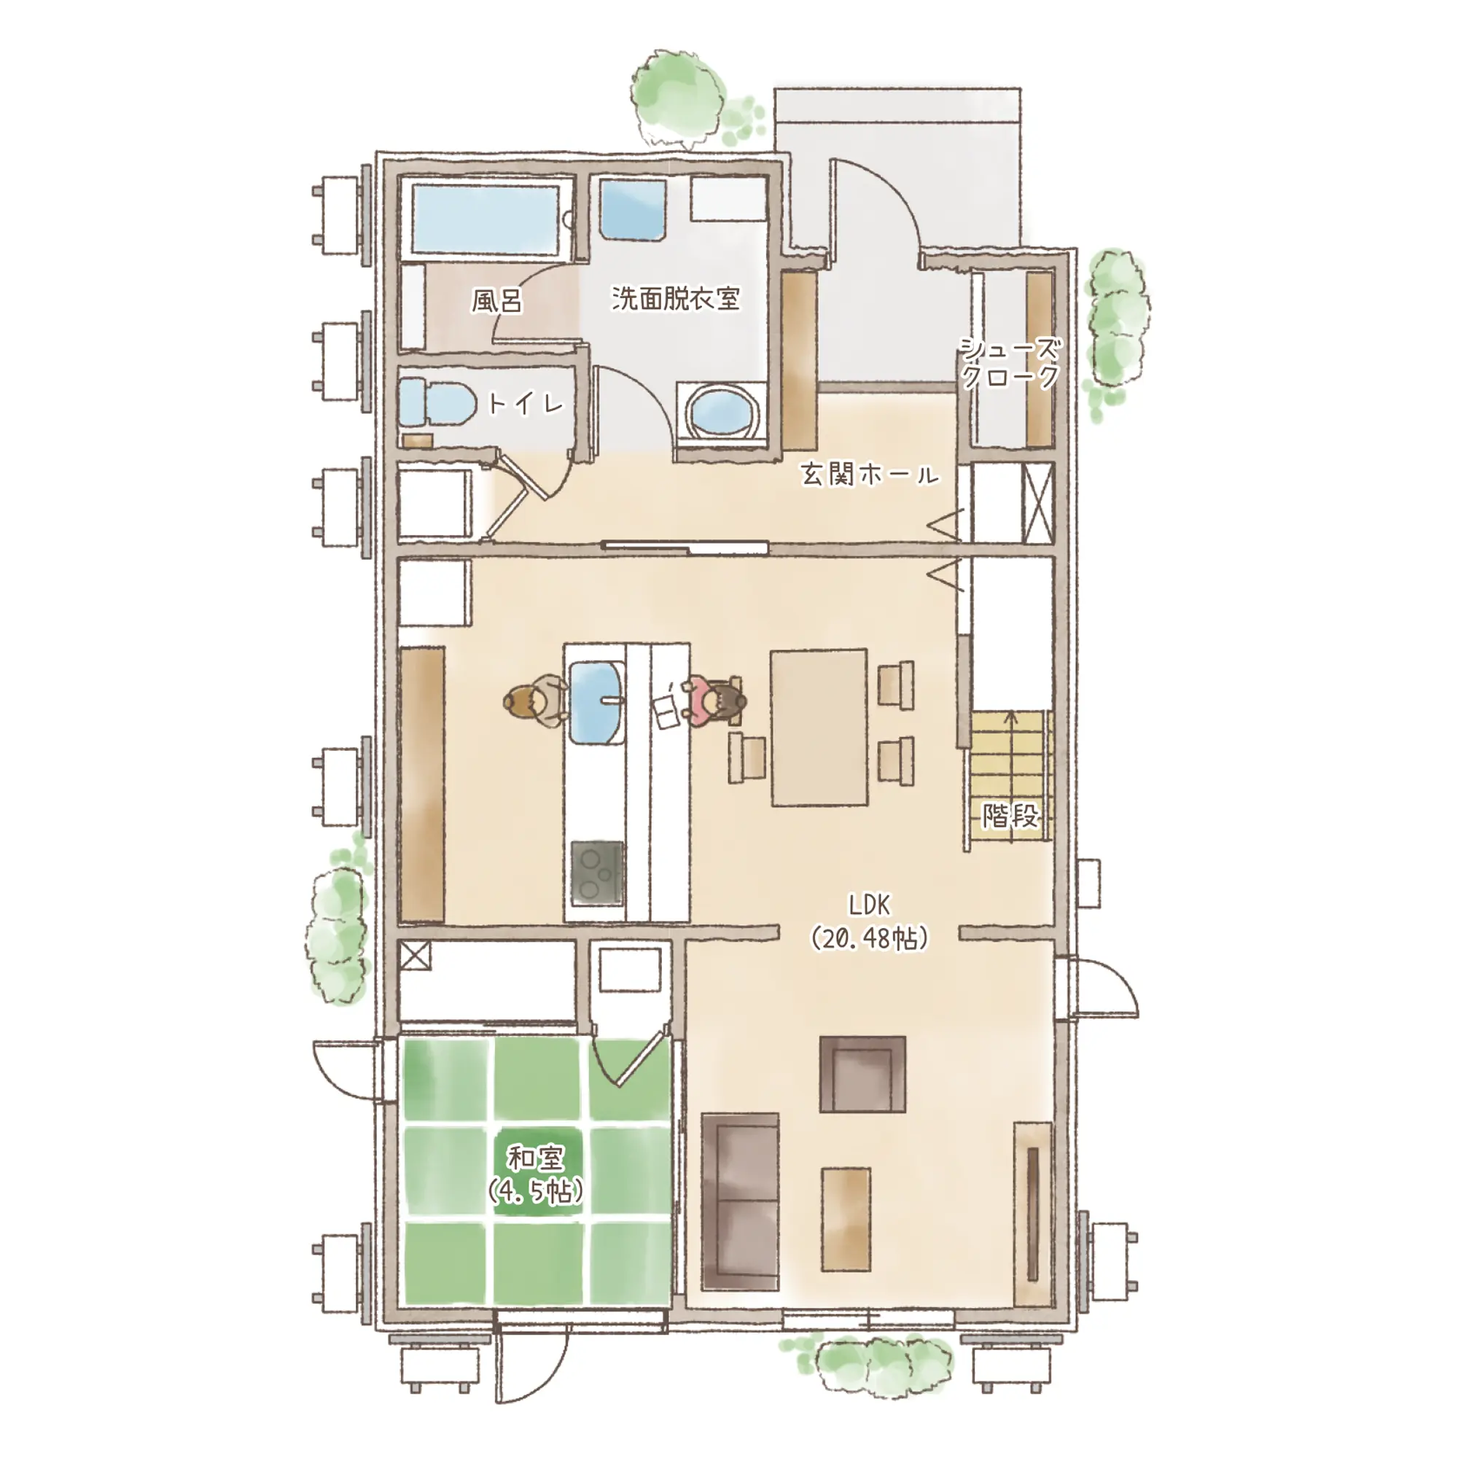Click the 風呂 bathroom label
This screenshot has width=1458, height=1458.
[497, 301]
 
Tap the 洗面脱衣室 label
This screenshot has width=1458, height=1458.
[676, 298]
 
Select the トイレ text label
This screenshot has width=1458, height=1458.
[526, 404]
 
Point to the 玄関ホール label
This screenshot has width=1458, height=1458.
[870, 475]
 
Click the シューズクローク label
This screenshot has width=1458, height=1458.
[1010, 362]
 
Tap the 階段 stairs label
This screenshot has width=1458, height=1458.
[1010, 816]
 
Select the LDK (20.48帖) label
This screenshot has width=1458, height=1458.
[870, 921]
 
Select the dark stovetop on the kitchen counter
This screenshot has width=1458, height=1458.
[597, 874]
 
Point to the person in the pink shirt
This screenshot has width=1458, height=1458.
[713, 702]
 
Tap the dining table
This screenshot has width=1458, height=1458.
[819, 728]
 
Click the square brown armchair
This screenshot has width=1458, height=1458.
[862, 1074]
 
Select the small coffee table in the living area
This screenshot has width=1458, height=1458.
[846, 1220]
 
